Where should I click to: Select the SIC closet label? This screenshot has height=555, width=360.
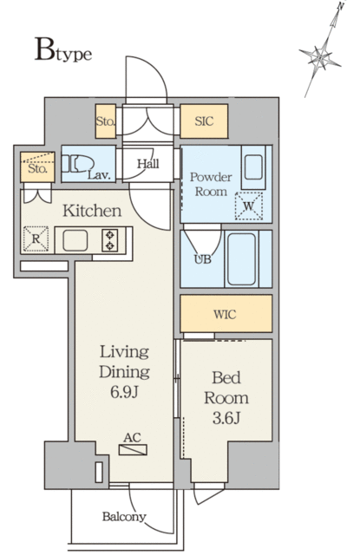point(204,122)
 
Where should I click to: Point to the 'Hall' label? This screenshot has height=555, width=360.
point(147,162)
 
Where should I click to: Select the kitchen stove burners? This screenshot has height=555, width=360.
point(111,239)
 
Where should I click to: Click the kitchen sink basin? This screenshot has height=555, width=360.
point(75,240)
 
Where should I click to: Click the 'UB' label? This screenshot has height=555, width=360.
point(200,259)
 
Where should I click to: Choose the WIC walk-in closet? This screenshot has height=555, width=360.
point(226,313)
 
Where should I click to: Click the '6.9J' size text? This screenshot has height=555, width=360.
point(124,391)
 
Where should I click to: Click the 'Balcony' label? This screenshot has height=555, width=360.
point(125,517)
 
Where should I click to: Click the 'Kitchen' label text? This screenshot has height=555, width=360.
point(90,211)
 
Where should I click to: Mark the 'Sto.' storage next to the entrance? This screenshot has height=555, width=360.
point(105,122)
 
